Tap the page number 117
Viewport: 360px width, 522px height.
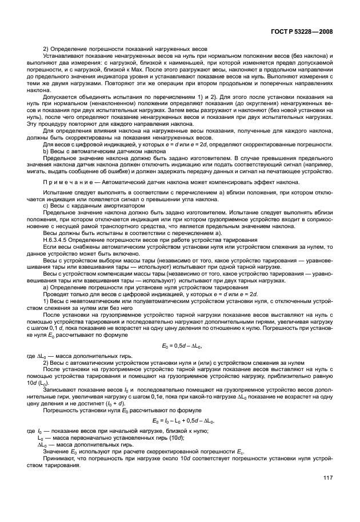tap(328, 478)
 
